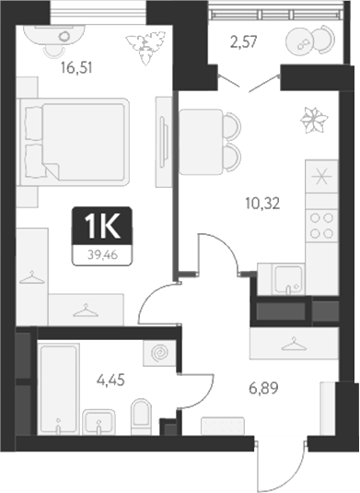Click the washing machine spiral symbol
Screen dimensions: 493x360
[x=158, y=353]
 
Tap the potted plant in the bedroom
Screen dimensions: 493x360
[x=148, y=43]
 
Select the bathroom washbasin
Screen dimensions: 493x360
[x=99, y=426]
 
